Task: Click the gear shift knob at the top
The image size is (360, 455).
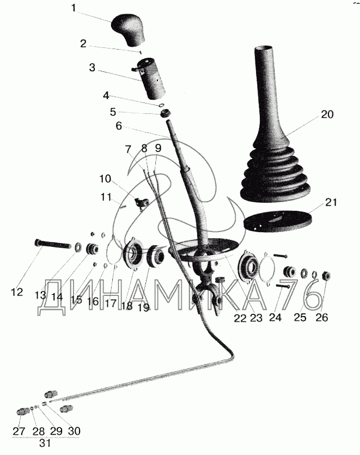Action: (x=129, y=29)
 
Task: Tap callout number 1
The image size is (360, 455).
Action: (x=74, y=8)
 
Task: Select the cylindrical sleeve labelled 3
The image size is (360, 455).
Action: (x=150, y=78)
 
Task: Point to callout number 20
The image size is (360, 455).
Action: (x=327, y=114)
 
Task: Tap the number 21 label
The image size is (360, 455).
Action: (x=331, y=202)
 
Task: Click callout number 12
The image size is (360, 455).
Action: (x=17, y=292)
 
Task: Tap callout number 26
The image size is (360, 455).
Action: (x=322, y=317)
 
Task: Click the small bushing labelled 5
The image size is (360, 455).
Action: (x=166, y=113)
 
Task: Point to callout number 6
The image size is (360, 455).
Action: (x=119, y=126)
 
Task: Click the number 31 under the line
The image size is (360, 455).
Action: (x=45, y=443)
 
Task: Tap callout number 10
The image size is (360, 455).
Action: (x=105, y=179)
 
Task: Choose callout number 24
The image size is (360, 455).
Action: (x=275, y=317)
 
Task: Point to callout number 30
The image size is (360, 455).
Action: (x=74, y=431)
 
